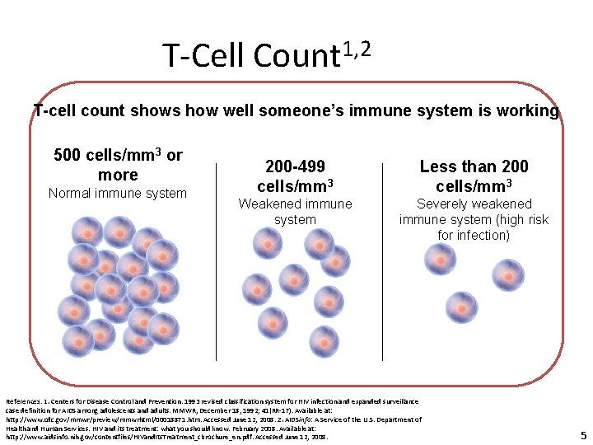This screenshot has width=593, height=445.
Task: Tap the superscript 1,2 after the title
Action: point(357,49)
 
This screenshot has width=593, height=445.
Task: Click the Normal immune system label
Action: point(117,193)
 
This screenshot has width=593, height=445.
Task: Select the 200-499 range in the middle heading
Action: point(294,166)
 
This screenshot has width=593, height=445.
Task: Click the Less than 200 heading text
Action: point(474,166)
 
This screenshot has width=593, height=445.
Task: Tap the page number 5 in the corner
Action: point(583,435)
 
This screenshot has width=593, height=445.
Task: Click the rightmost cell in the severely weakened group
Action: point(507,276)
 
